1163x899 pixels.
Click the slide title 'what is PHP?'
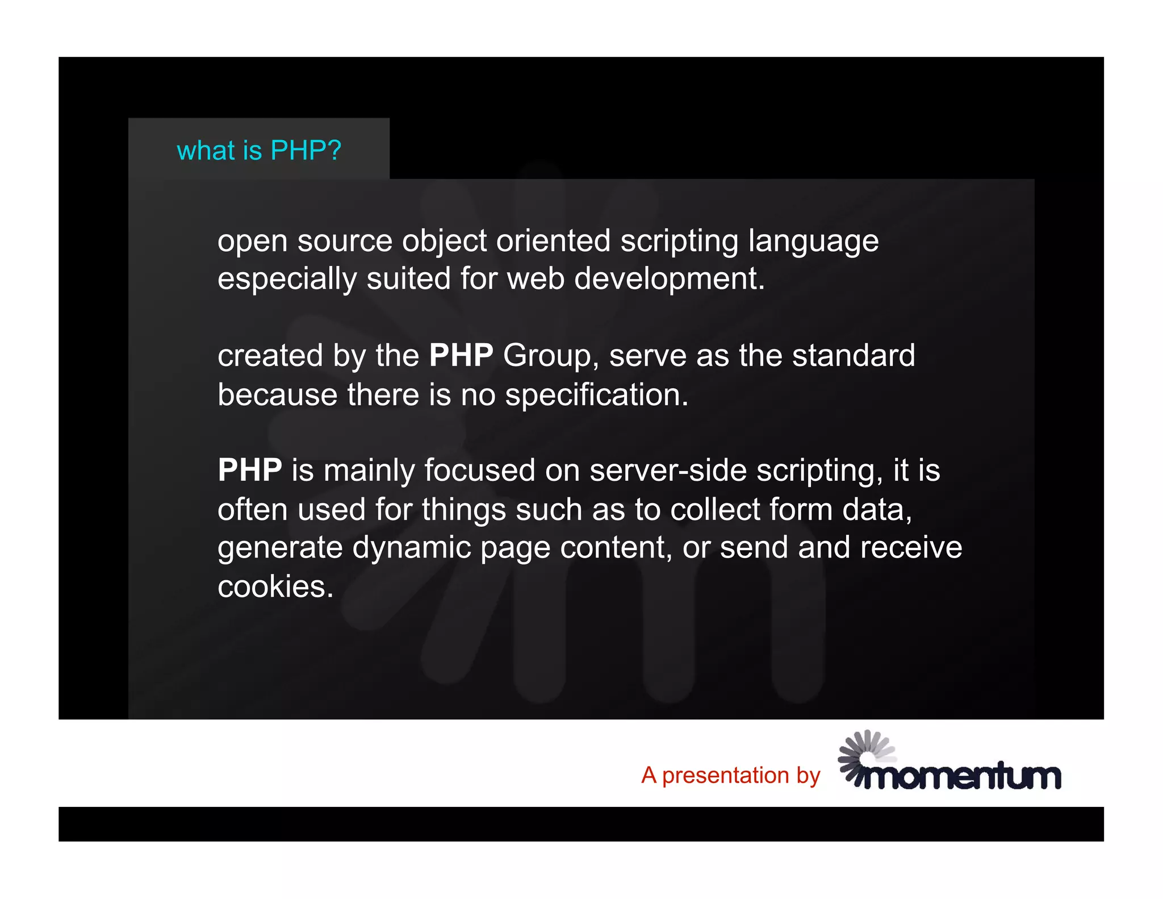259,151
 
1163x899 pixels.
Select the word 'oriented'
553,241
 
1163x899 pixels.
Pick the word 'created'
270,356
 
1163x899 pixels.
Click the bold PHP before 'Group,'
461,356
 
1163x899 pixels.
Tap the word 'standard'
854,356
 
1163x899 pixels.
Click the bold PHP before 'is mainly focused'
250,471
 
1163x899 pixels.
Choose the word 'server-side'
668,471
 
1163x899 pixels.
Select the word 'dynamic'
412,549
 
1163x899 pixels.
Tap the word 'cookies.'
275,587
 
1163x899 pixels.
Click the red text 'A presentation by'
731,776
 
